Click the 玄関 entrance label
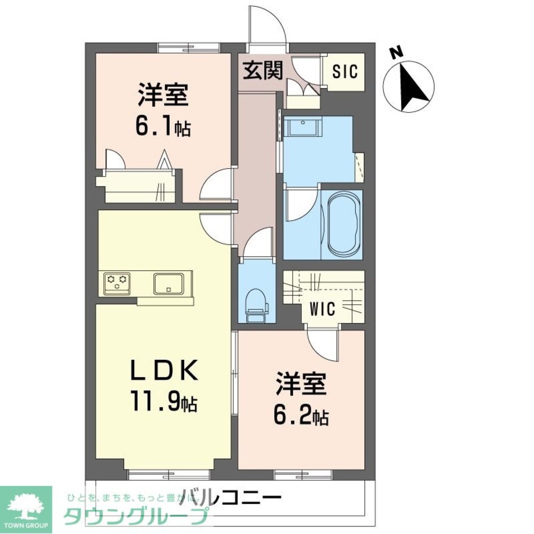tap(263, 70)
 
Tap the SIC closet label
tap(345, 72)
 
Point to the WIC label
tap(323, 309)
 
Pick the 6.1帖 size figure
tap(163, 127)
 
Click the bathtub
tap(342, 224)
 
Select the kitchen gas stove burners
tap(117, 282)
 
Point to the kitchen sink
tap(169, 284)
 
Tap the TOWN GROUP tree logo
tap(26, 508)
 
